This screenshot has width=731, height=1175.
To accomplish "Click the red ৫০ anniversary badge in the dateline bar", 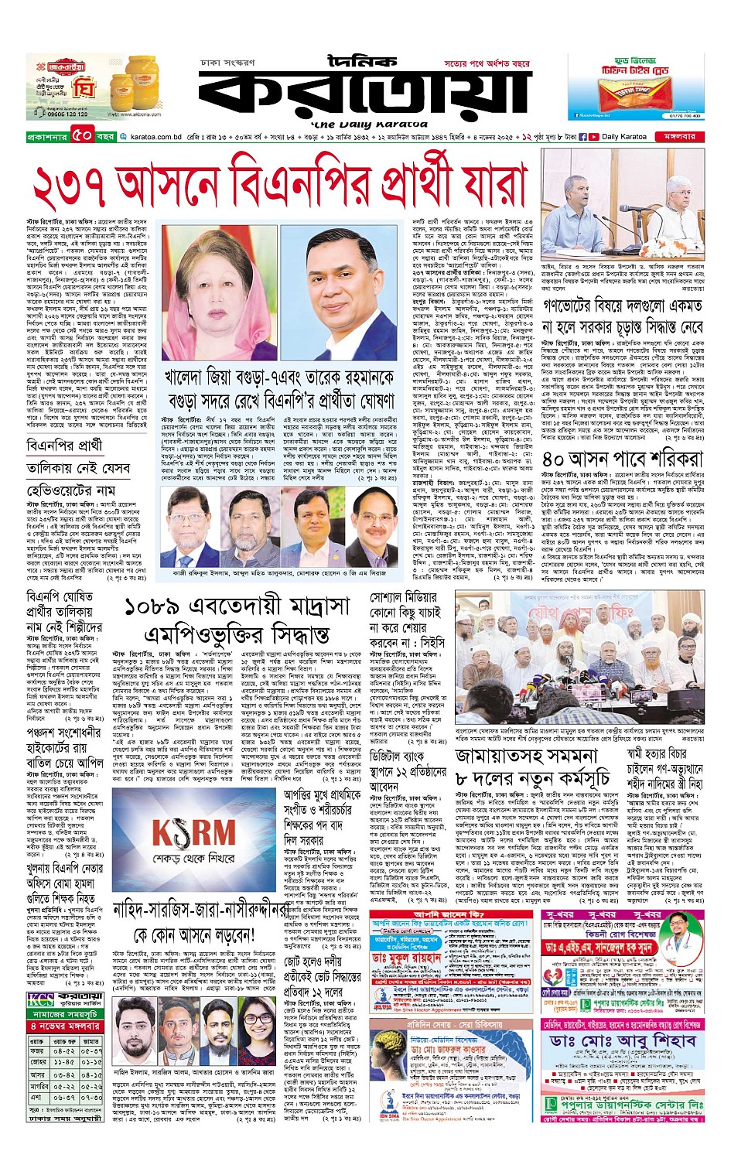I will pos(83,136).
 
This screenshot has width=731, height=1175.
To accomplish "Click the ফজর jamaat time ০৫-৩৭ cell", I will pos(91,1051).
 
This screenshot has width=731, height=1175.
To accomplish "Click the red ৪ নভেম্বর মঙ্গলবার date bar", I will pos(65,1026).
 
